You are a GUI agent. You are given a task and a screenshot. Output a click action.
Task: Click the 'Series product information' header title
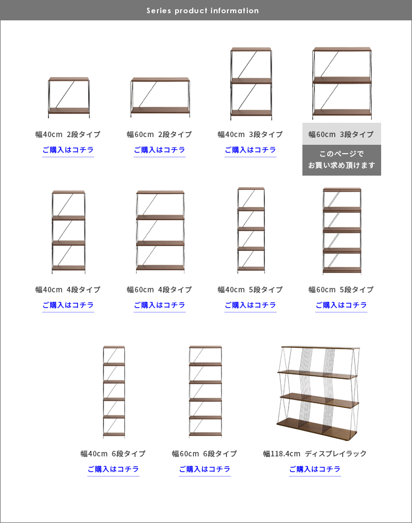pyautogui.click(x=203, y=10)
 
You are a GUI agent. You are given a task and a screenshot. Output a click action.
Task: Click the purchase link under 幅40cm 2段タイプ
pyautogui.click(x=68, y=150)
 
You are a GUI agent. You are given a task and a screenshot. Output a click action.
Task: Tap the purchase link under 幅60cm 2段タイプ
pyautogui.click(x=160, y=150)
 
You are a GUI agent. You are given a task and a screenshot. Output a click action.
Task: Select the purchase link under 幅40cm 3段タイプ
pyautogui.click(x=251, y=150)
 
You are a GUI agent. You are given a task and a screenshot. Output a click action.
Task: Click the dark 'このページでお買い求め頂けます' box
pyautogui.click(x=341, y=160)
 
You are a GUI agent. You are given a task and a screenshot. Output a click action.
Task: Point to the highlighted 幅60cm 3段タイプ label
pyautogui.click(x=341, y=134)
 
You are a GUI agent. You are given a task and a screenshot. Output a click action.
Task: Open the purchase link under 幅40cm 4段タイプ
pyautogui.click(x=68, y=305)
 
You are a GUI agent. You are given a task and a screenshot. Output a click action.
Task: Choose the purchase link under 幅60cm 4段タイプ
pyautogui.click(x=160, y=305)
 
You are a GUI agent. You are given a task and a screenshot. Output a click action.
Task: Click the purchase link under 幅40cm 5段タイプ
pyautogui.click(x=251, y=305)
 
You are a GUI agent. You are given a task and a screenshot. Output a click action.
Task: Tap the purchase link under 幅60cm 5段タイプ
pyautogui.click(x=341, y=305)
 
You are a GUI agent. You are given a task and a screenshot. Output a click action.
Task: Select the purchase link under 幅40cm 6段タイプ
pyautogui.click(x=113, y=469)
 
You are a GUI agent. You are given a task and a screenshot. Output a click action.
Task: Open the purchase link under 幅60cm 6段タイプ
pyautogui.click(x=204, y=469)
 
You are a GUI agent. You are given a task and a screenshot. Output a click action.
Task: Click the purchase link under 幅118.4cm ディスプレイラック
pyautogui.click(x=315, y=469)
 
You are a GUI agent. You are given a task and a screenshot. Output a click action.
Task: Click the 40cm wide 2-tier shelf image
pyautogui.click(x=69, y=97)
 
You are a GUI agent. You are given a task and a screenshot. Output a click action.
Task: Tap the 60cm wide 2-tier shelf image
pyautogui.click(x=160, y=97)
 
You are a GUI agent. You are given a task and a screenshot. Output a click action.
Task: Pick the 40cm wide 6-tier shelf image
pyautogui.click(x=114, y=392)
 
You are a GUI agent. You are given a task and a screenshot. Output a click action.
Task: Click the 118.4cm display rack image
pyautogui.click(x=318, y=394)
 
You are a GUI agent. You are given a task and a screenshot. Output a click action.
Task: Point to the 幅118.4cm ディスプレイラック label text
pyautogui.click(x=315, y=454)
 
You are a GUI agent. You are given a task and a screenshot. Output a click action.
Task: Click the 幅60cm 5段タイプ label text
pyautogui.click(x=341, y=290)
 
